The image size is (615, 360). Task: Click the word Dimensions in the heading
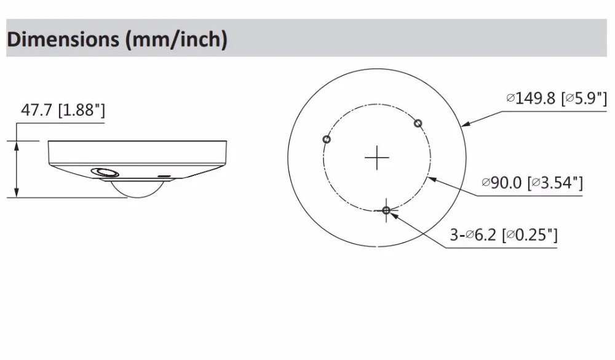click(63, 39)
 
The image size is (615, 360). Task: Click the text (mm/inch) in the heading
click(176, 39)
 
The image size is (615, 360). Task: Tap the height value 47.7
click(36, 110)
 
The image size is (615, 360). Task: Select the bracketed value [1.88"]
click(82, 110)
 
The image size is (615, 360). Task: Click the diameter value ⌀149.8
click(531, 98)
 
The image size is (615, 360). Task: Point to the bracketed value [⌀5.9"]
click(584, 98)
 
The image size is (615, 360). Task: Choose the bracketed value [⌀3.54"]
click(555, 183)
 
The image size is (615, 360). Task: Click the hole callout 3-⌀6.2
click(473, 234)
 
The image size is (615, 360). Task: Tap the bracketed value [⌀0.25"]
click(530, 234)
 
